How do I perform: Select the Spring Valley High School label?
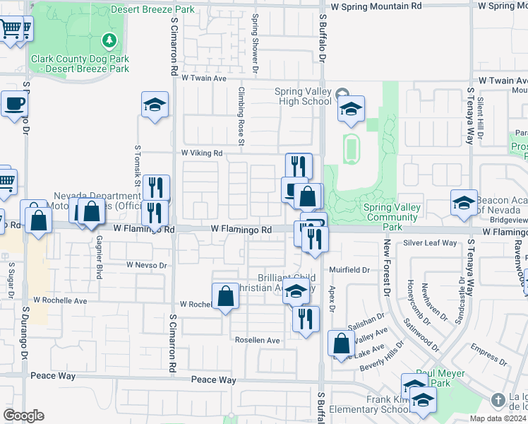[x=304, y=96]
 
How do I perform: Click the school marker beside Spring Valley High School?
[x=351, y=109]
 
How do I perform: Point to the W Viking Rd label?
[x=202, y=153]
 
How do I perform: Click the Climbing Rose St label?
[x=241, y=117]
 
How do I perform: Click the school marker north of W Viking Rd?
[x=155, y=105]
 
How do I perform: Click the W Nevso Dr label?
[x=146, y=265]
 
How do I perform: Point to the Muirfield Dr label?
[x=349, y=270]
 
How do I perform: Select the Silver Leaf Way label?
[x=430, y=243]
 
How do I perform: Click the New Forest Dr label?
[x=387, y=266]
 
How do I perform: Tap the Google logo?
[x=23, y=416]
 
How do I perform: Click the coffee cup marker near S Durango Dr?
[x=13, y=104]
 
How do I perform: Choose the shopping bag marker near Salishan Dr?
[x=341, y=344]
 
